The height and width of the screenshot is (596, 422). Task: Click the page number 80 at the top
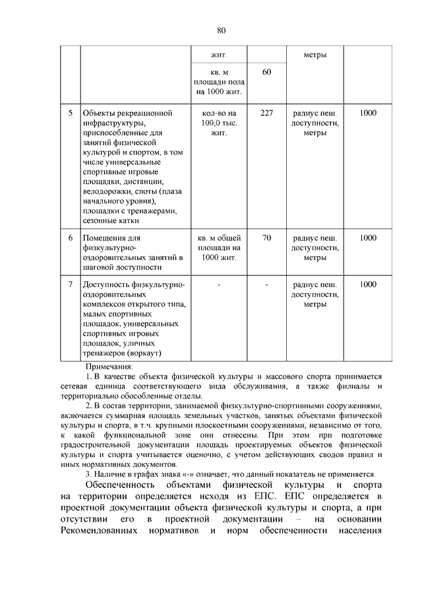(221, 30)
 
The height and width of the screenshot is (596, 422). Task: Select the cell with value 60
(266, 71)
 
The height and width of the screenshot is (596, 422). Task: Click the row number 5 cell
(70, 113)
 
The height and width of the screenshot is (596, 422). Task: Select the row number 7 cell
(70, 284)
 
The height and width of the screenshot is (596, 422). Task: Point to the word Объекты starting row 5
(98, 113)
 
